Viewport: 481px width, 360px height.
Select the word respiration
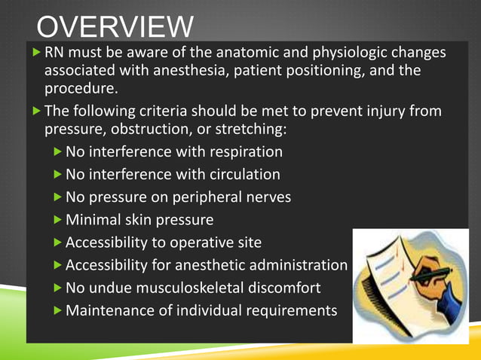(x=243, y=152)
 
